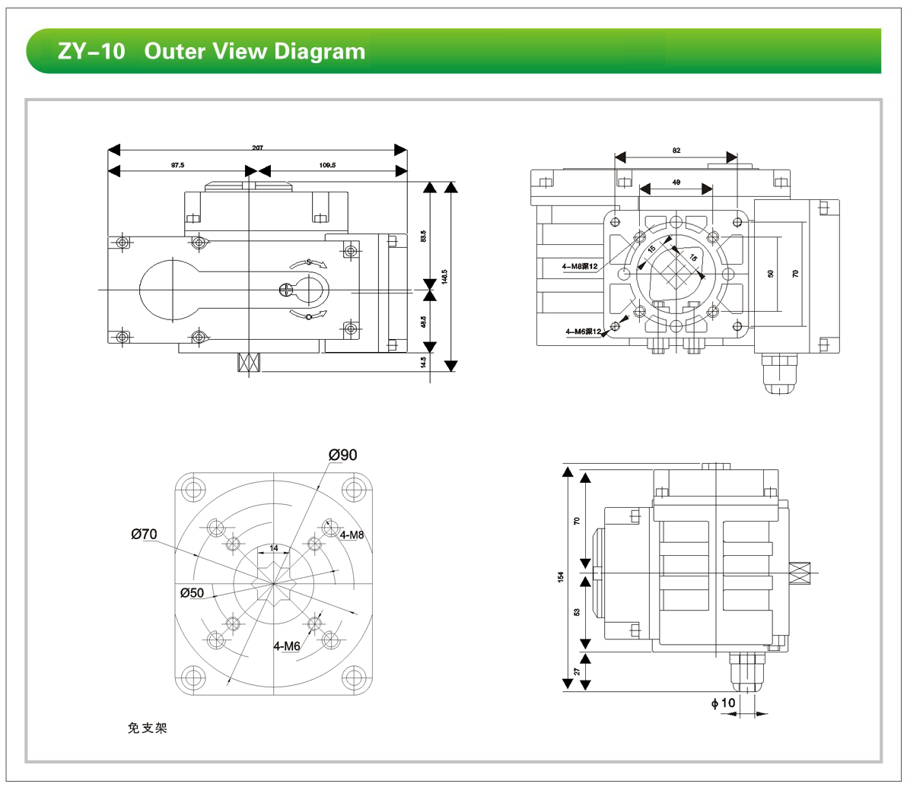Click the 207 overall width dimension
[x=257, y=148]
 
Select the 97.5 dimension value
[x=177, y=164]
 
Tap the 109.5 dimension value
[x=328, y=164]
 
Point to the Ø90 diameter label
[x=342, y=455]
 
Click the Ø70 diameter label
[x=144, y=534]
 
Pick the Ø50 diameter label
[x=192, y=592]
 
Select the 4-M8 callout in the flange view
[x=352, y=535]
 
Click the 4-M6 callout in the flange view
[x=287, y=646]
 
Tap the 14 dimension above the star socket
[x=274, y=547]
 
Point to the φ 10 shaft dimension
[x=724, y=703]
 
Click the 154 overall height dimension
[x=560, y=577]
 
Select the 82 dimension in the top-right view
[x=676, y=151]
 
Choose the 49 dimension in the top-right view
[x=676, y=182]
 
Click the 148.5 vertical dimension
[x=444, y=276]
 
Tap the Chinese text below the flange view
[x=147, y=728]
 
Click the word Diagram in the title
[x=320, y=52]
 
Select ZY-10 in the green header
[x=91, y=52]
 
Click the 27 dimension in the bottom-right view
[x=578, y=671]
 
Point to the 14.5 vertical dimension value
[x=423, y=363]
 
